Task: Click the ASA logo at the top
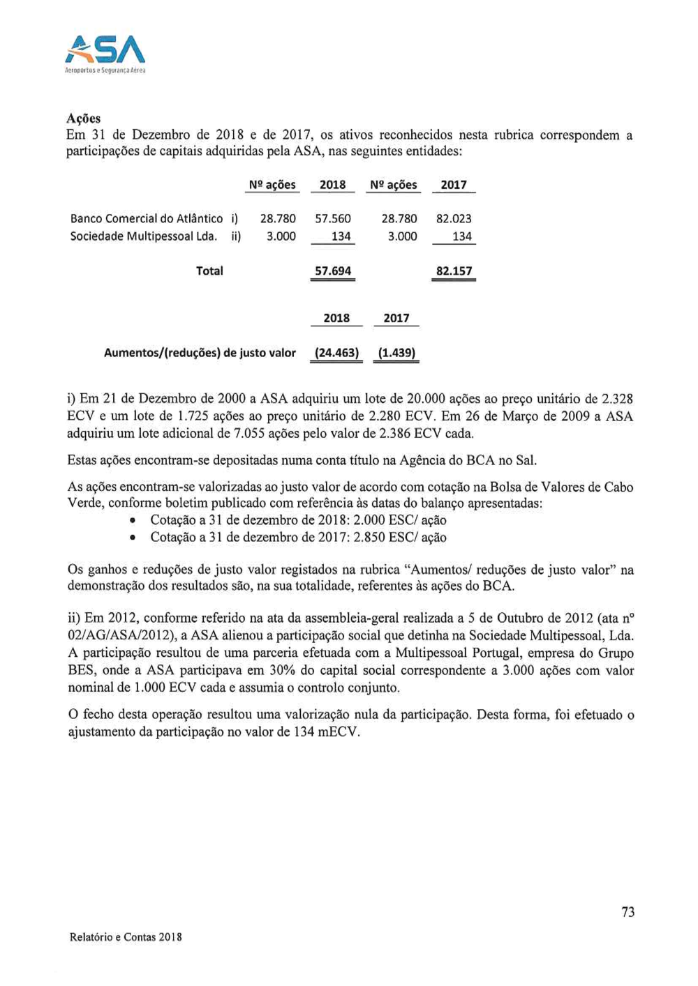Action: pos(105,52)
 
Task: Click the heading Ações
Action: pos(83,118)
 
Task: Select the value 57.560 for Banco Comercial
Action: pos(333,219)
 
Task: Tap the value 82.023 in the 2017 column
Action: pos(454,219)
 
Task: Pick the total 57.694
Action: pos(333,271)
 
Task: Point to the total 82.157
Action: pos(454,271)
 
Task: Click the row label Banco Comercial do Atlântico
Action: pos(147,219)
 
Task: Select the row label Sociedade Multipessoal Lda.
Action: pos(144,236)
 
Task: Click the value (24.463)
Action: pos(336,353)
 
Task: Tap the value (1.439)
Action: pos(396,353)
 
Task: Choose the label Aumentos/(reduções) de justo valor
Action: pos(200,353)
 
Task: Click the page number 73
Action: pos(628,912)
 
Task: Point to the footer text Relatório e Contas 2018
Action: pos(126,937)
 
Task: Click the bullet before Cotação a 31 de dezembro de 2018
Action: pos(133,521)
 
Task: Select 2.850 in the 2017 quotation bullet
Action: pos(369,538)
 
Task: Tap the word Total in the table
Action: pos(209,271)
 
